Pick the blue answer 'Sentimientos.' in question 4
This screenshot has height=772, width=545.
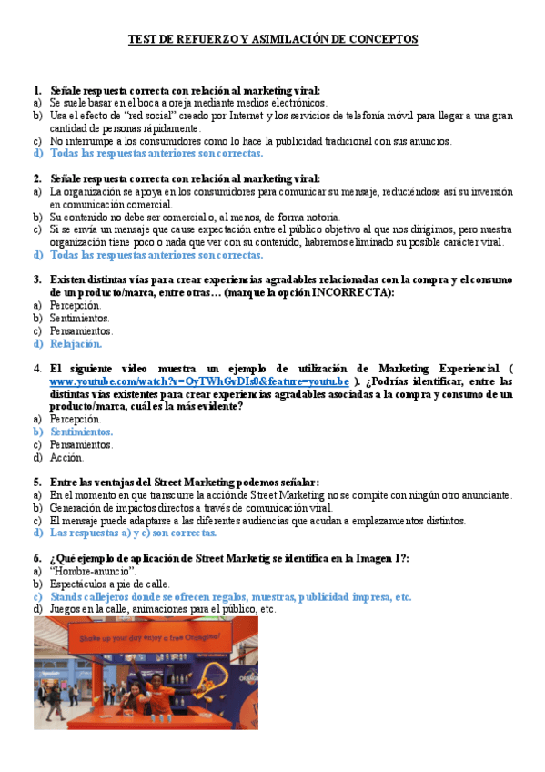tap(82, 432)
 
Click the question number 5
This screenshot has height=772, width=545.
tap(37, 482)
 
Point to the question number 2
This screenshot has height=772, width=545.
tap(37, 179)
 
